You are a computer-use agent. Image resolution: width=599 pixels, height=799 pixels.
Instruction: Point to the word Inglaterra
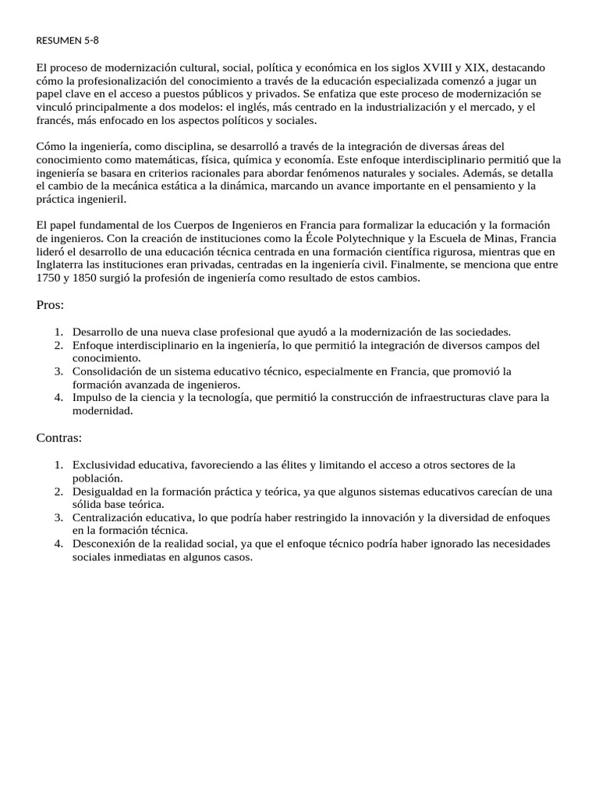[x=62, y=265]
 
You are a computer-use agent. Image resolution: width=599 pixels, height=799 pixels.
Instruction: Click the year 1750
[x=48, y=278]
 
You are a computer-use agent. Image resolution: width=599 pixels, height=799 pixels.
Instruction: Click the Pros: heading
[x=50, y=305]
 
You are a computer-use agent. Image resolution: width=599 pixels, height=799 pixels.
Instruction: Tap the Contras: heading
[x=58, y=438]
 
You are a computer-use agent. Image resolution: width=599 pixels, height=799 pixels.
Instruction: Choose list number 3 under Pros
[x=58, y=371]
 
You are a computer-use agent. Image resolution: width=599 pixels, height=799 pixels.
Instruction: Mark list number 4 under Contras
[x=58, y=544]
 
